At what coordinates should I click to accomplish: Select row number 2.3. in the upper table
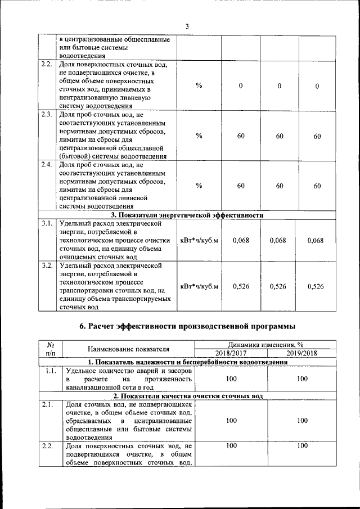coord(47,115)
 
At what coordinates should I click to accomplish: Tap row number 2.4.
coord(47,165)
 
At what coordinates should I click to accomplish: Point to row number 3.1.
coord(47,223)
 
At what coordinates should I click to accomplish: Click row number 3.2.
coord(47,265)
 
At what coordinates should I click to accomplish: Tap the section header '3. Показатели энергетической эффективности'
coord(187,215)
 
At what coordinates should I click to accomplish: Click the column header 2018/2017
coord(231,353)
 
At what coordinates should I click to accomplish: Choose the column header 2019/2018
coord(302,353)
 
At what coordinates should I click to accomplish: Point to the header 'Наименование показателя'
coord(128,349)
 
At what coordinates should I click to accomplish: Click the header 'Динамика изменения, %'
coord(266,345)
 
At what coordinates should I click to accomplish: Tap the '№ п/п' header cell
coord(50,349)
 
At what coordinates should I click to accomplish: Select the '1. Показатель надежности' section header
coord(187,363)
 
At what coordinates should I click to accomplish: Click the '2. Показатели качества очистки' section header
coord(187,396)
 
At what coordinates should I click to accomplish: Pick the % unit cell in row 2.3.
coord(199,136)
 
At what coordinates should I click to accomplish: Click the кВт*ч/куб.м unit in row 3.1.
coord(199,240)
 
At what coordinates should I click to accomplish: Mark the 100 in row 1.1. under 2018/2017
coord(231,380)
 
